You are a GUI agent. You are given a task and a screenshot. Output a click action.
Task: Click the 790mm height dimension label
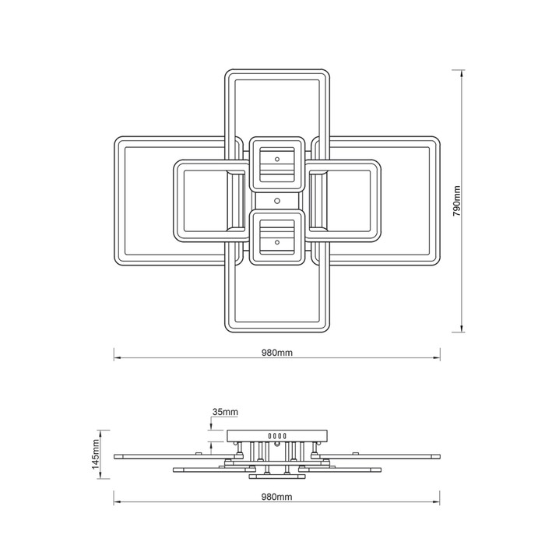click(x=456, y=201)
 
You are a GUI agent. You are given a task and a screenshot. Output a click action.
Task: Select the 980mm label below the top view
click(x=277, y=353)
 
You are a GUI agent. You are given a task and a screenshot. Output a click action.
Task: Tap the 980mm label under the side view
click(x=277, y=497)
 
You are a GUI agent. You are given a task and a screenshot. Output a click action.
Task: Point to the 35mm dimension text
click(x=225, y=412)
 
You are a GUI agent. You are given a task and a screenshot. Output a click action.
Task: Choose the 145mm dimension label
click(x=96, y=454)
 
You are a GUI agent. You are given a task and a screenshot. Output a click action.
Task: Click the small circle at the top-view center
click(x=277, y=201)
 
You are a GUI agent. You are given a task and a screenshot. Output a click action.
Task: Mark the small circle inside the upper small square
click(x=277, y=159)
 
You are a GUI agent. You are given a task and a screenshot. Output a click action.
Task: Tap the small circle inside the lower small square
click(x=277, y=242)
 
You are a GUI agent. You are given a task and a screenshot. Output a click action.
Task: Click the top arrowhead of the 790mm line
click(x=462, y=73)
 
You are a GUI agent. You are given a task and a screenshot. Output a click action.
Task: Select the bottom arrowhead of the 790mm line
click(x=462, y=329)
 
